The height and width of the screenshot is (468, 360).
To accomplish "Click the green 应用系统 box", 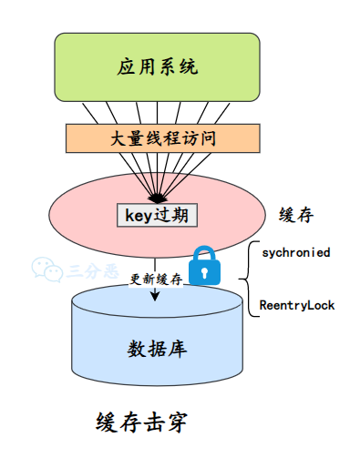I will pyautogui.click(x=158, y=66).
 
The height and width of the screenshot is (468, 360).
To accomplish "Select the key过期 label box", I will pyautogui.click(x=157, y=215).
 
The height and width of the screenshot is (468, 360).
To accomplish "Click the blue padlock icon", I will pyautogui.click(x=205, y=266).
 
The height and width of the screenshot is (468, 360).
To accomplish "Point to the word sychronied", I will pyautogui.click(x=294, y=250).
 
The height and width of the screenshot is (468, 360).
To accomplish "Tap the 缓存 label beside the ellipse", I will pyautogui.click(x=296, y=215).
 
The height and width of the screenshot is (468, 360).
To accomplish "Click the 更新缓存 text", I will pyautogui.click(x=157, y=279).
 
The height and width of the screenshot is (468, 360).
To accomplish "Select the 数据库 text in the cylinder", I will pyautogui.click(x=157, y=349).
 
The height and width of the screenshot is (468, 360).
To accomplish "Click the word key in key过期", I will pyautogui.click(x=138, y=215).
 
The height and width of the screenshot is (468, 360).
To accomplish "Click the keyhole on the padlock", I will pyautogui.click(x=205, y=271).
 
